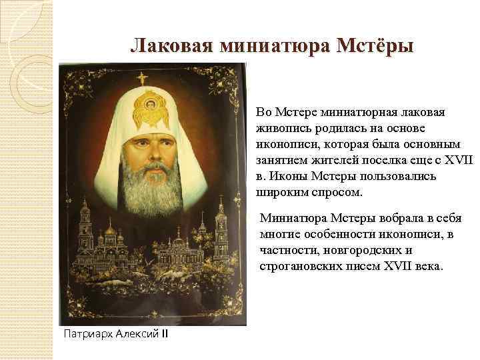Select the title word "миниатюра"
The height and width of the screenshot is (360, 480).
(x=277, y=45)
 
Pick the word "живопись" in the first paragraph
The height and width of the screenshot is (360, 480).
(x=279, y=127)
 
